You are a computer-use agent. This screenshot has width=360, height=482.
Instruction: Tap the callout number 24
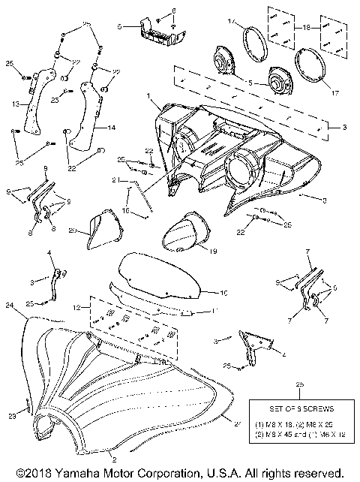point(9,306)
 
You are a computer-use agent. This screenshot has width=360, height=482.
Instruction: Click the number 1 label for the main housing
point(149,97)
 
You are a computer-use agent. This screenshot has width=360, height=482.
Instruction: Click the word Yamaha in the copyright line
point(73,474)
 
